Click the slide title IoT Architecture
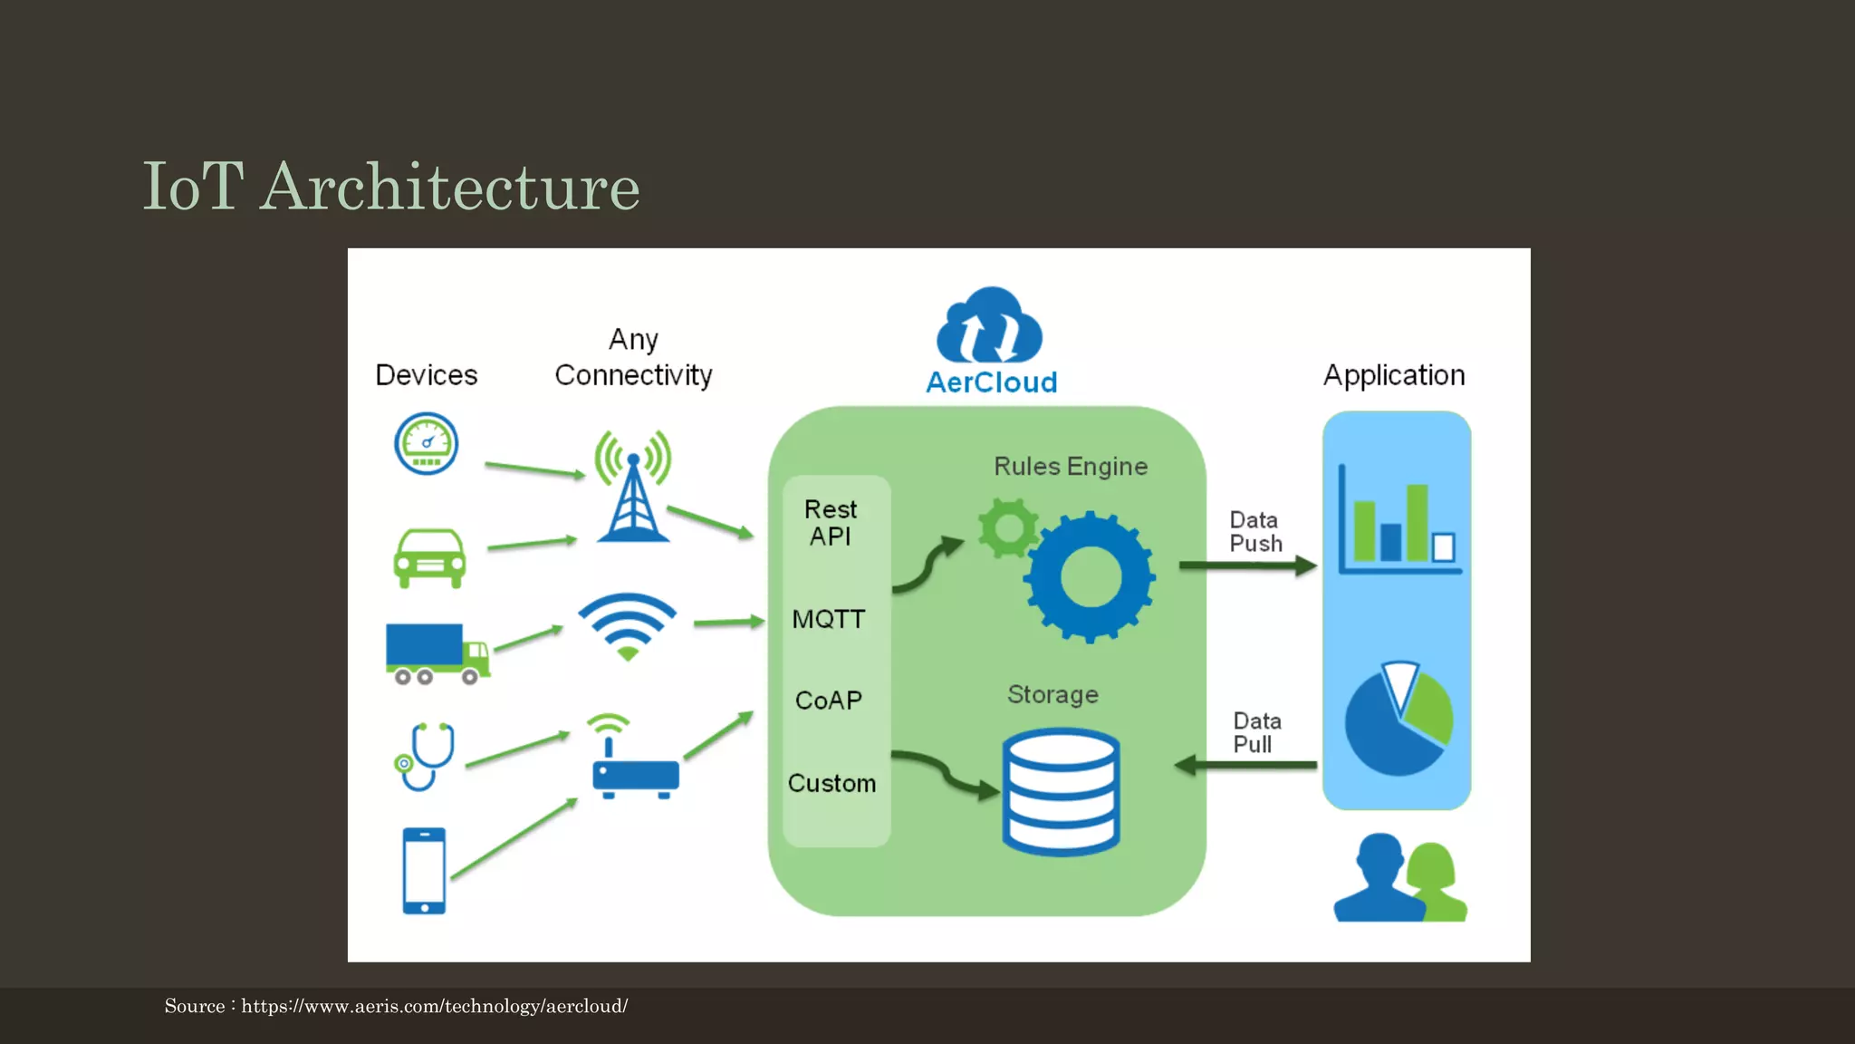tap(391, 187)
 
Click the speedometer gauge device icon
tap(427, 444)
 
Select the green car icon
tap(429, 558)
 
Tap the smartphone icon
tap(424, 871)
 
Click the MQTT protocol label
tap(829, 620)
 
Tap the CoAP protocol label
tap(829, 701)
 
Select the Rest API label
tap(831, 523)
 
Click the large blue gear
tap(1091, 577)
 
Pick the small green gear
tap(1007, 527)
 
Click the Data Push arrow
tap(1246, 566)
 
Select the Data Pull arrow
tap(1246, 766)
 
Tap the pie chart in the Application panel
tap(1398, 720)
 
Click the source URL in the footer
tap(434, 1007)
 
